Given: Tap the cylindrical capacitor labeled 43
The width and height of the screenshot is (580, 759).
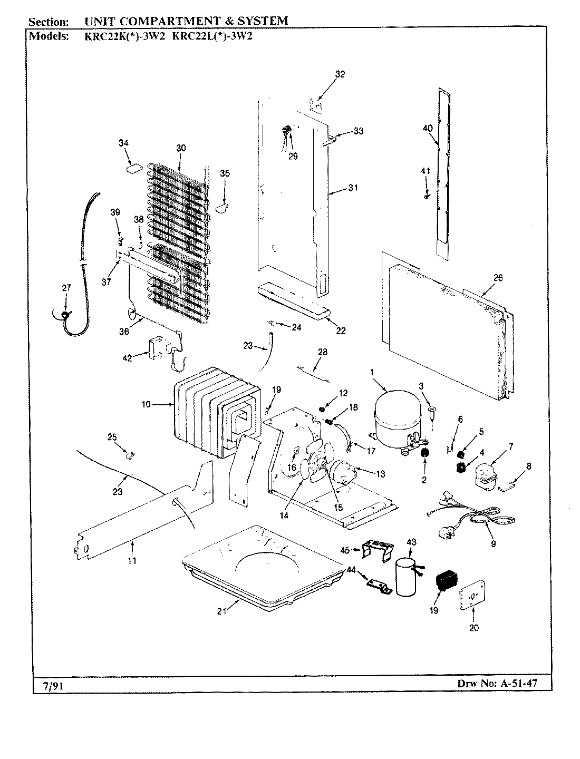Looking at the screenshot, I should [406, 578].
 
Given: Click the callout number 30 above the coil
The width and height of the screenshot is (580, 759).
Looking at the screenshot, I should [181, 148].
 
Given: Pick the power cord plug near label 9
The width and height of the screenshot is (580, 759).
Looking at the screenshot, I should [442, 532].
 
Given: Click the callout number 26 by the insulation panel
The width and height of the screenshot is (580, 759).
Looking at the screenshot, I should [498, 278].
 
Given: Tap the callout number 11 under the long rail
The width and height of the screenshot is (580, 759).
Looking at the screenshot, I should [132, 561].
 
